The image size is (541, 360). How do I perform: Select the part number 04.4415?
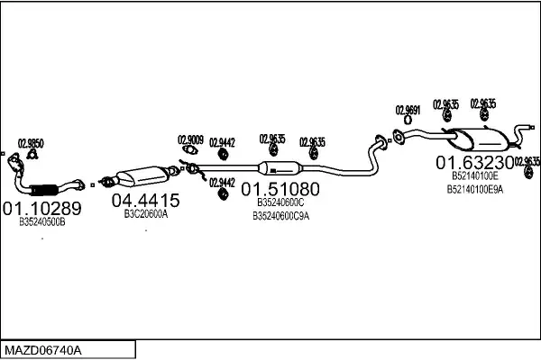[x=145, y=200]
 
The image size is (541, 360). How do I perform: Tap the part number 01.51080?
[x=280, y=190]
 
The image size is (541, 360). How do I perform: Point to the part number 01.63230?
[x=475, y=163]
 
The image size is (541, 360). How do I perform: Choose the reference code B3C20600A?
[x=146, y=213]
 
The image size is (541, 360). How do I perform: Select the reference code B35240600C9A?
[x=281, y=216]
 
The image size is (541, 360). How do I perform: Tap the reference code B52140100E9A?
[x=475, y=190]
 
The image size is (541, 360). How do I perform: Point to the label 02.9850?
[x=31, y=143]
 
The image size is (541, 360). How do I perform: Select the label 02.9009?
[x=190, y=139]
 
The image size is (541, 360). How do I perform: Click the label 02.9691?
[x=408, y=111]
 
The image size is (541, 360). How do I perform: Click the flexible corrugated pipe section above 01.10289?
[x=46, y=190]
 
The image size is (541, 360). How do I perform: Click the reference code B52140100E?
[x=475, y=177]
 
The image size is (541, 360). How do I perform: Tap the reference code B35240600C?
[x=280, y=203]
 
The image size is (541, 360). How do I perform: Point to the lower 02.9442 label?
[x=223, y=181]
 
